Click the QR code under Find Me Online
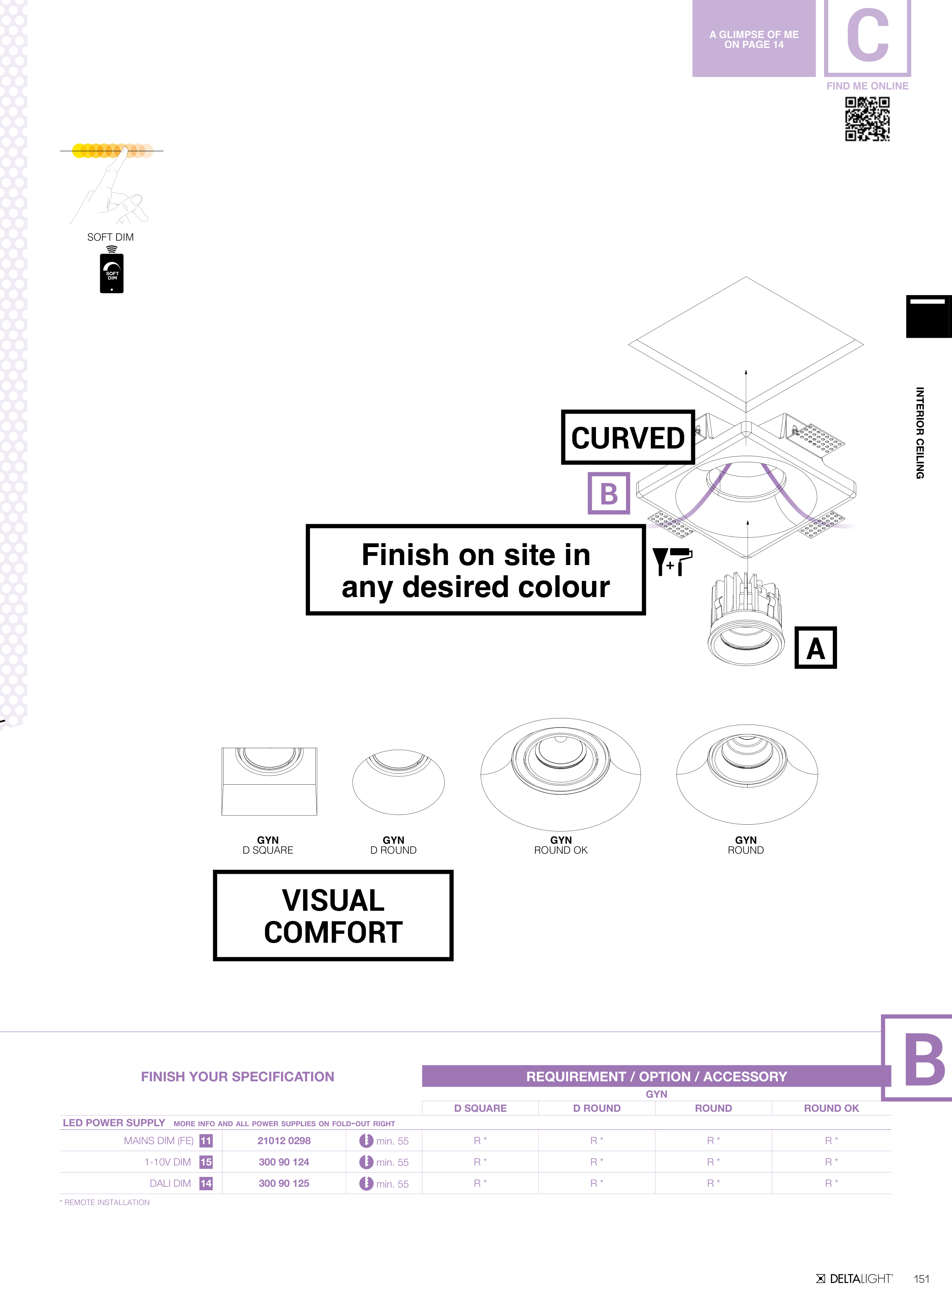click(x=867, y=119)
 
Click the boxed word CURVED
click(x=628, y=437)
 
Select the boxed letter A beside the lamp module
click(x=815, y=648)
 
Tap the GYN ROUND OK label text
click(x=561, y=845)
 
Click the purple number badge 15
click(x=206, y=1162)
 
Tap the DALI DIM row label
click(x=170, y=1183)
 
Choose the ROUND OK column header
click(x=831, y=1108)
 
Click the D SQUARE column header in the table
click(x=480, y=1108)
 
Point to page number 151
click(x=922, y=1279)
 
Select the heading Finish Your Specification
click(x=237, y=1076)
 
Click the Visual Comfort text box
click(x=333, y=916)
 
